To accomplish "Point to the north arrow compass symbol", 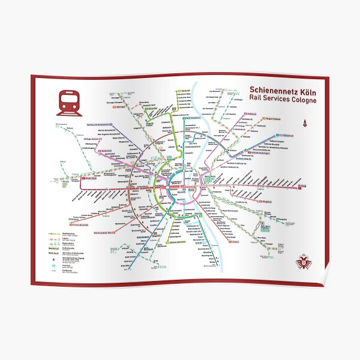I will click(x=304, y=122).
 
